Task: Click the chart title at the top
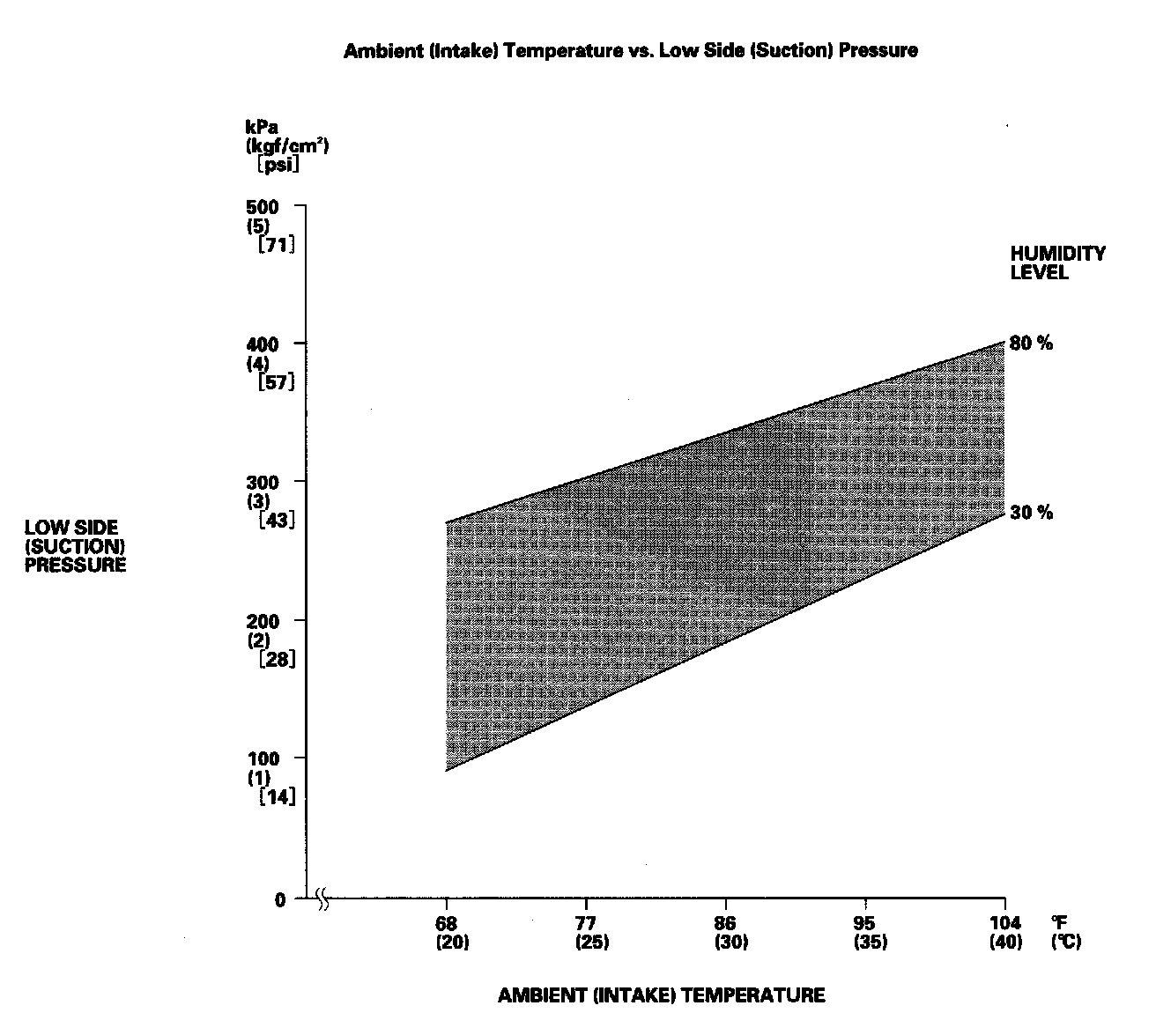[630, 50]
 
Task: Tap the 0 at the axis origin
[280, 899]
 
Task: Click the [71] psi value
[276, 246]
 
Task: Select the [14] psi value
[276, 797]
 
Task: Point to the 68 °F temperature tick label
[447, 923]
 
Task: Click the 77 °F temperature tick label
[586, 923]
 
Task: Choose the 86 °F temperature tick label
[725, 923]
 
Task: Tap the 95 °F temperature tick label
[865, 923]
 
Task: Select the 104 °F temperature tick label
[1004, 923]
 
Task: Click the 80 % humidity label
[1031, 344]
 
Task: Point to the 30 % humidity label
[1031, 513]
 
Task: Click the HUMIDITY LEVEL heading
[1057, 262]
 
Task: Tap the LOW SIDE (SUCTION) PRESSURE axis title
[75, 546]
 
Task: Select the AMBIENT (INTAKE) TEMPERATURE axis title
[661, 995]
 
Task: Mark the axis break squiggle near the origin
[322, 900]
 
